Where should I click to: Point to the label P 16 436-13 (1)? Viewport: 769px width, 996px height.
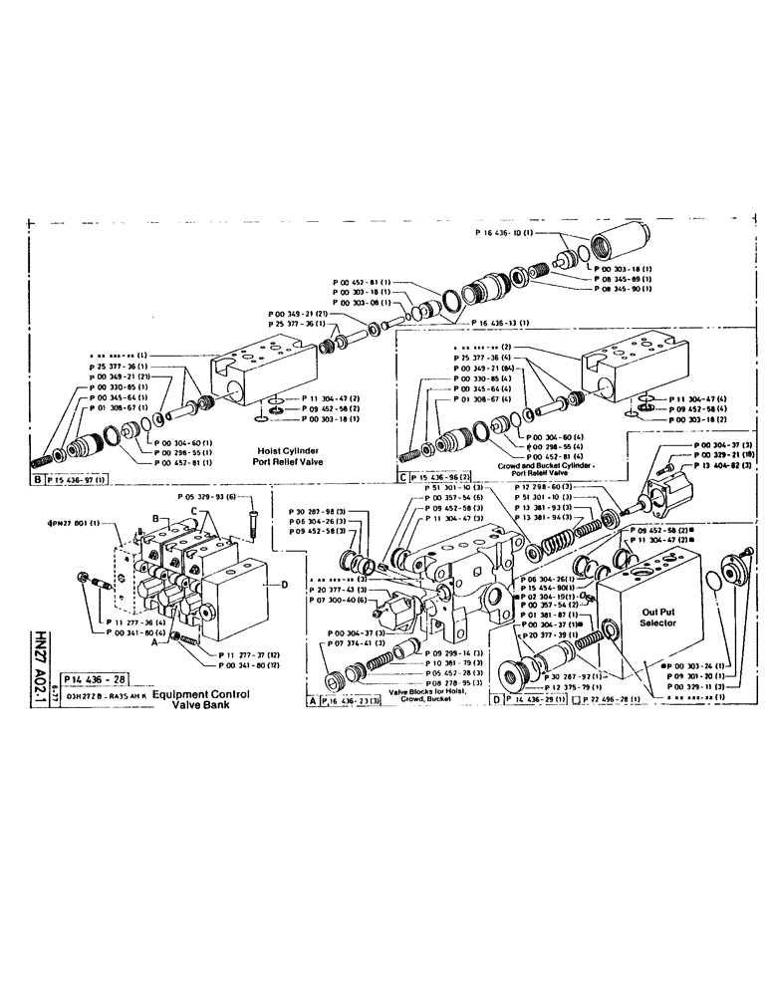pos(499,322)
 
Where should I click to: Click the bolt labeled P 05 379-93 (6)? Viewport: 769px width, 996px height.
pos(254,512)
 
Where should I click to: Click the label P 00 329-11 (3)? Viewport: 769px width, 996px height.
pos(693,687)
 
